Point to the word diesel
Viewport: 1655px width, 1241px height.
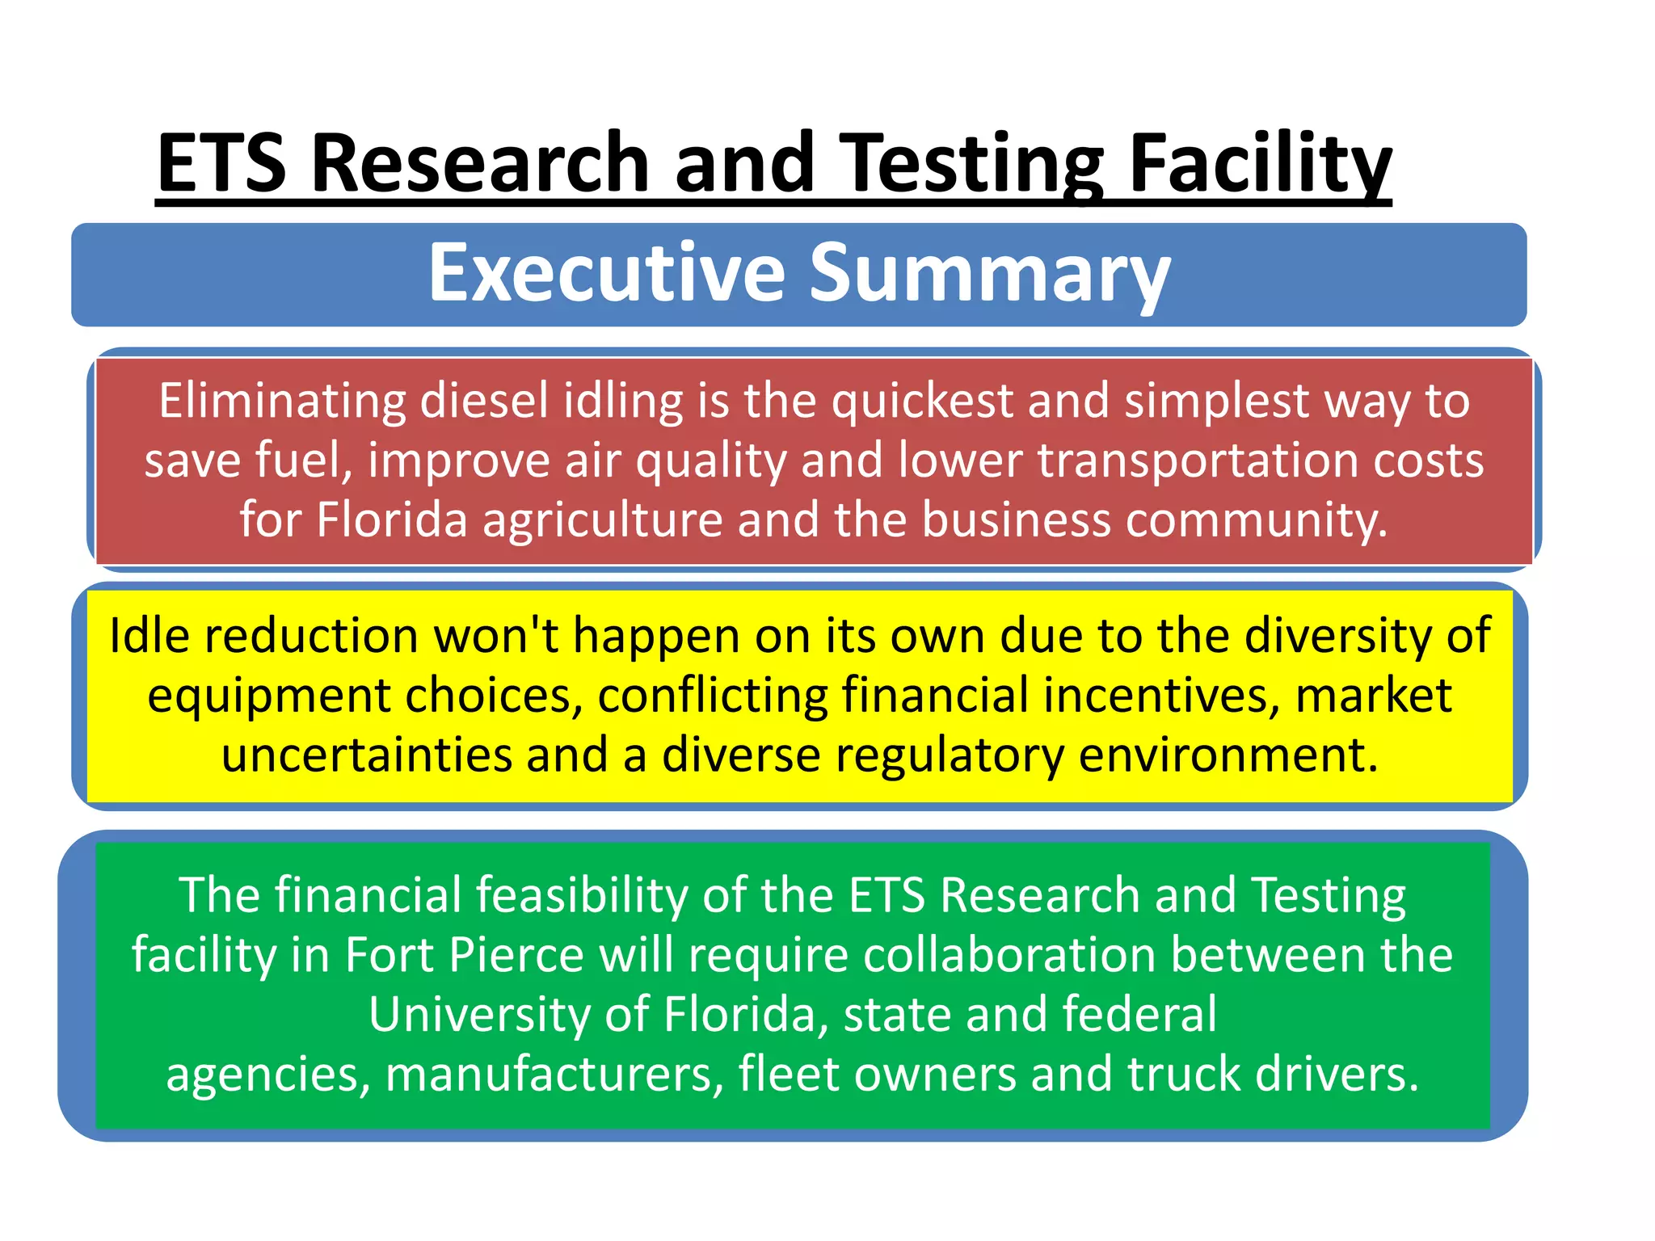(x=484, y=401)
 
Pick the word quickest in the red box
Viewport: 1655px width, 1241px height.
(x=922, y=401)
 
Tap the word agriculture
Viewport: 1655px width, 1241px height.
(x=602, y=519)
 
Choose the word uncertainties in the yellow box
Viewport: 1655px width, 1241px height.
(x=367, y=755)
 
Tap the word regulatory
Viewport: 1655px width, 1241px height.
(x=950, y=755)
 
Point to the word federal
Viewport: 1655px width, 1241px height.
(x=1139, y=1015)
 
